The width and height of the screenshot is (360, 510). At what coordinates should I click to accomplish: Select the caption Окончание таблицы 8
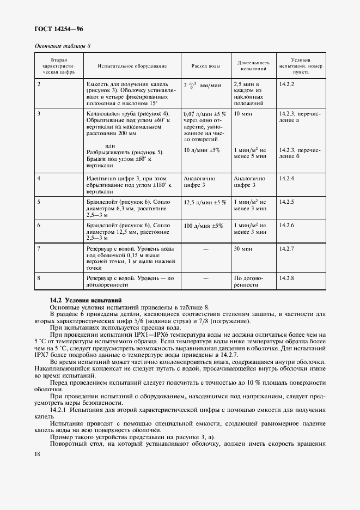[x=63, y=46]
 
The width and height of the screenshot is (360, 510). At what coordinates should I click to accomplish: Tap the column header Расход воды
[x=205, y=66]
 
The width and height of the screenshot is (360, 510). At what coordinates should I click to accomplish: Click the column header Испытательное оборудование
[x=132, y=66]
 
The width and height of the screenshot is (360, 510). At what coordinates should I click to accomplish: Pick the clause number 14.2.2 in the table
[x=286, y=84]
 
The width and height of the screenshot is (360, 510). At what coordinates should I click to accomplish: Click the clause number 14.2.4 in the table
[x=286, y=178]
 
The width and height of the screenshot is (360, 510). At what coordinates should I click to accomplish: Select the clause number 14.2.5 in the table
[x=286, y=202]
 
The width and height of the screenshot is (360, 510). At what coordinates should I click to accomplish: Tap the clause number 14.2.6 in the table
[x=286, y=225]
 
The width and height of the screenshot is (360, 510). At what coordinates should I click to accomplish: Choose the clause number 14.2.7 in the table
[x=286, y=248]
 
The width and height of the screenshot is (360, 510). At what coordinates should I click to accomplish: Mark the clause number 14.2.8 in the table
[x=286, y=278]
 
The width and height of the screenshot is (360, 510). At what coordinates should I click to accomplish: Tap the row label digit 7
[x=39, y=248]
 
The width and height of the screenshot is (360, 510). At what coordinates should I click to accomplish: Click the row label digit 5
[x=39, y=202]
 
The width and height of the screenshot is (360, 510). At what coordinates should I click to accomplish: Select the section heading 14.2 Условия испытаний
[x=86, y=300]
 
